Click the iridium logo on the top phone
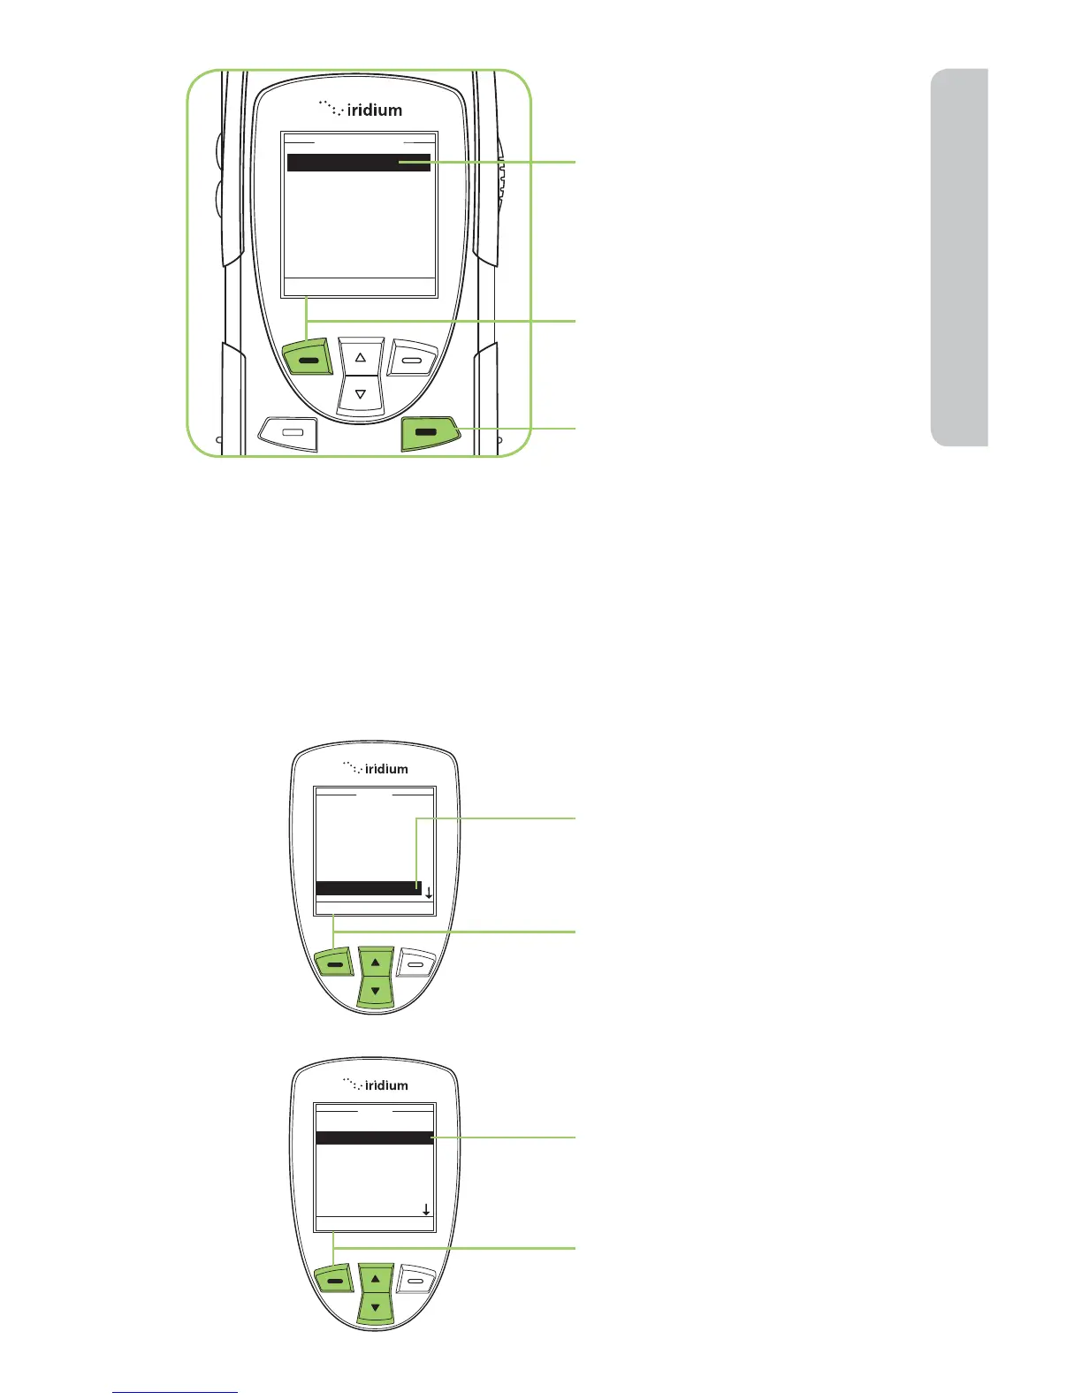tap(361, 110)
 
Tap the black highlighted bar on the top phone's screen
tap(359, 163)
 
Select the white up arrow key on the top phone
tap(361, 357)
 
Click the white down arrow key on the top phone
tap(361, 394)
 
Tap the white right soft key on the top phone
tap(413, 359)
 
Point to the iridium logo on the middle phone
tap(377, 768)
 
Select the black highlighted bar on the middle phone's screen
tap(368, 888)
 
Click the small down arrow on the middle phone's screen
tap(429, 894)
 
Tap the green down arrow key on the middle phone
tap(376, 991)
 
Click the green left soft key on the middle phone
tap(334, 964)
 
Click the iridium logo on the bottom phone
tap(377, 1084)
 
